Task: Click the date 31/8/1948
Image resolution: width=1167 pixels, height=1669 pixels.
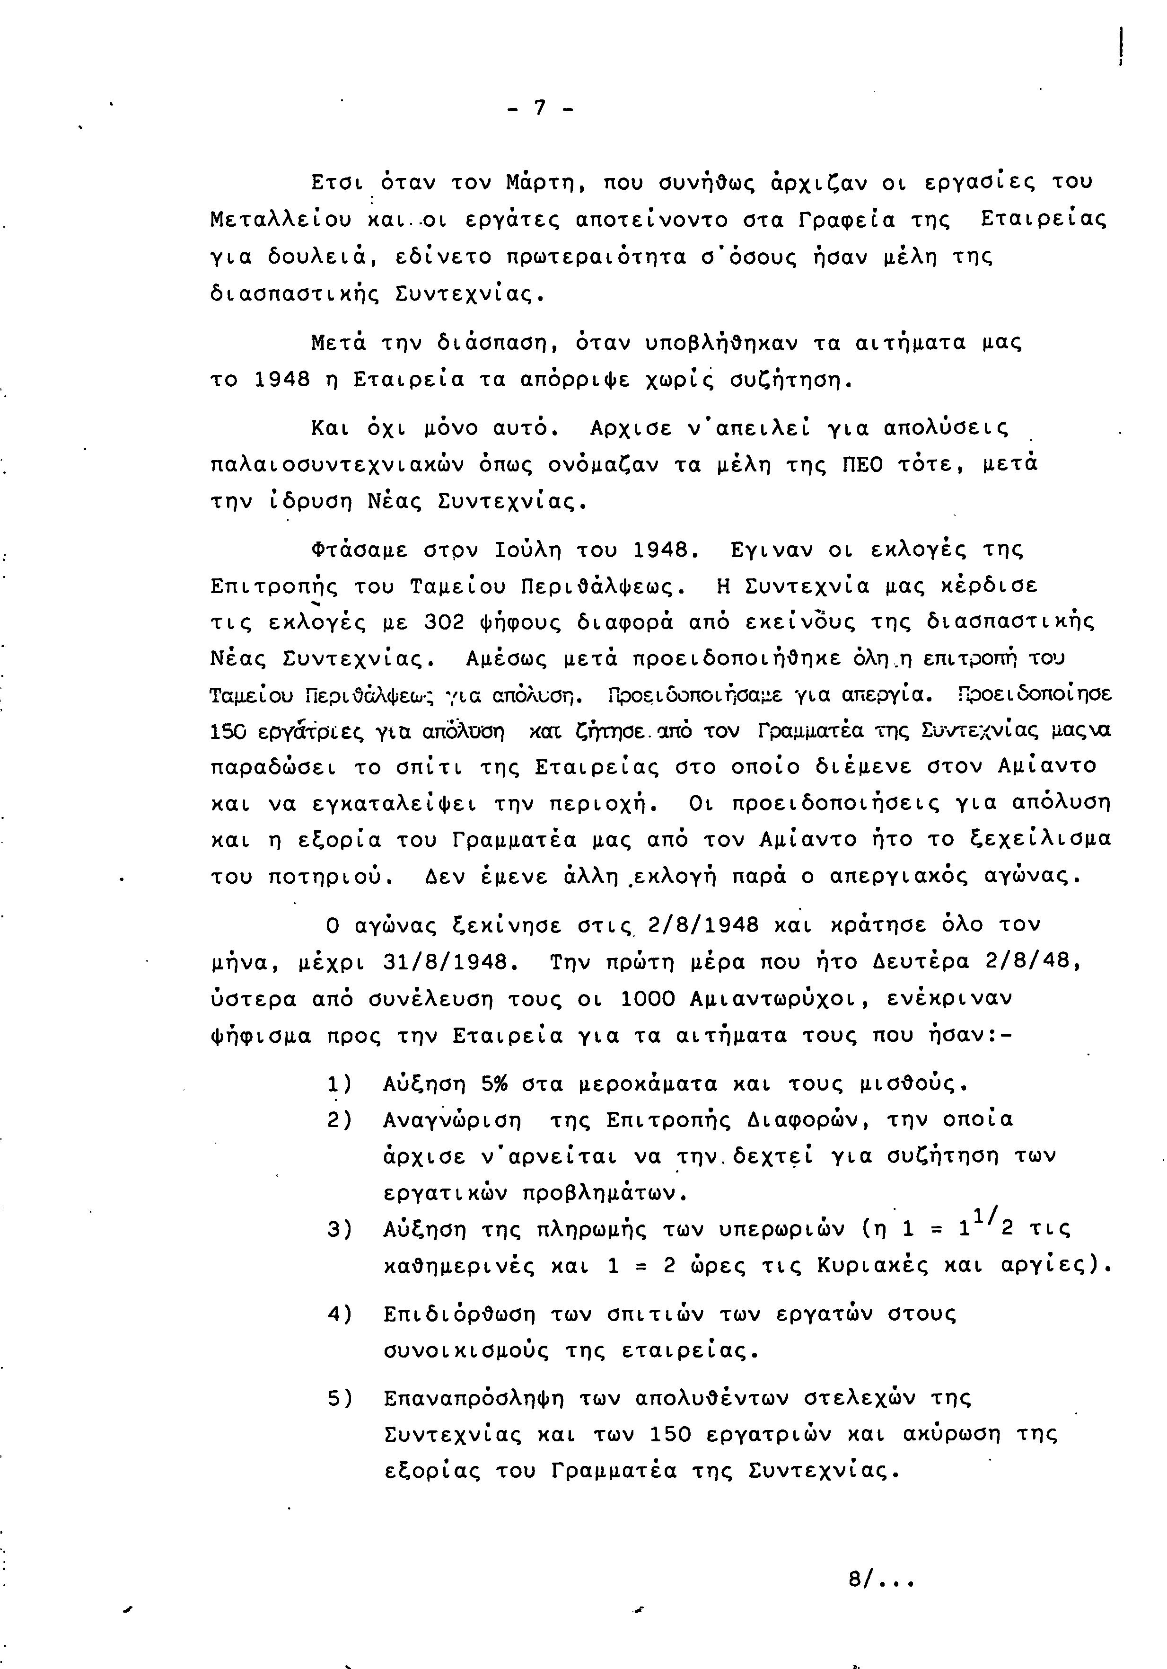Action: click(x=444, y=962)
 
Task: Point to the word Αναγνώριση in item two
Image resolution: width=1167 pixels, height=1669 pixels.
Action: click(x=452, y=1120)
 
